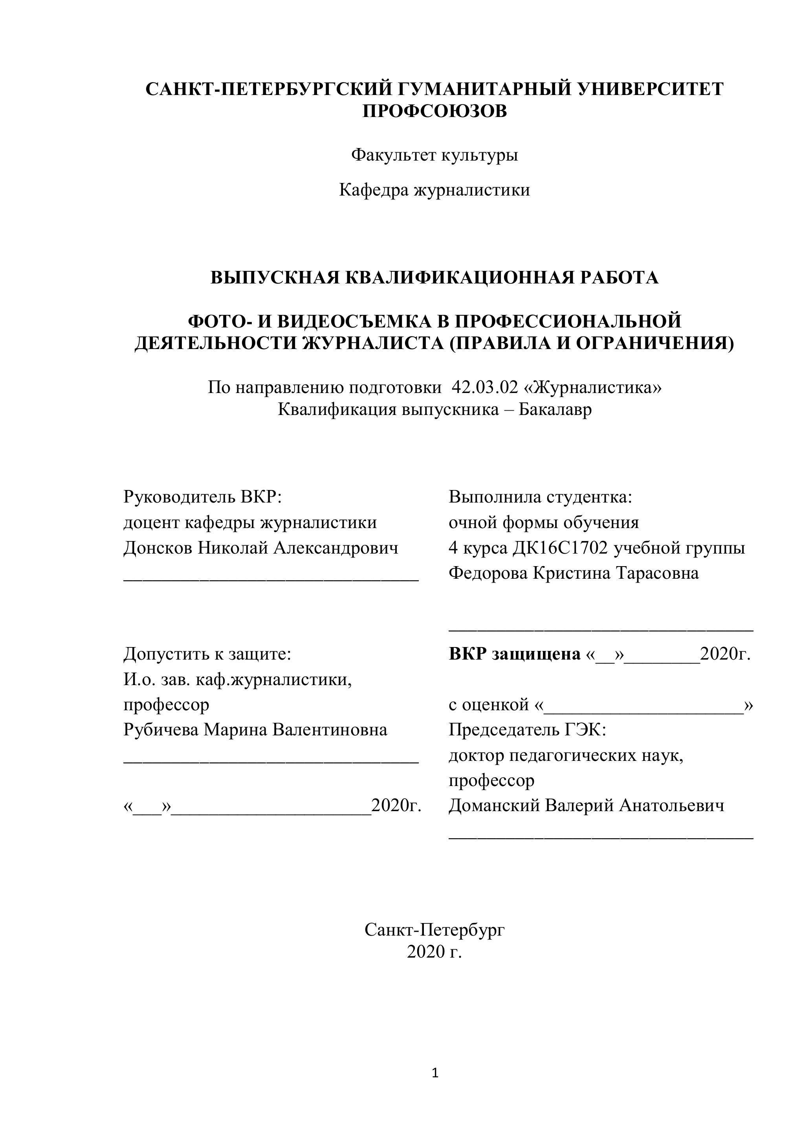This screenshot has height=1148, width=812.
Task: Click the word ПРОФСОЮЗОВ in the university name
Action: pos(434,111)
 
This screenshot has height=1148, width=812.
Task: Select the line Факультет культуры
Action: pos(434,155)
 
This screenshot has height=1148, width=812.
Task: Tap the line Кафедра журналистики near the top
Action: pos(434,190)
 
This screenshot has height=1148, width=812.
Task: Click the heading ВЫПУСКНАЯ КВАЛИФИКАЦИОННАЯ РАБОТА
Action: pos(434,278)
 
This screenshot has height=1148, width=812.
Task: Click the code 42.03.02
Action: pos(485,387)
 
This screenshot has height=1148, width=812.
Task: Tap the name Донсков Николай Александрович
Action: pos(261,548)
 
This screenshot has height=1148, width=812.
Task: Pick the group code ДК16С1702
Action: pos(560,548)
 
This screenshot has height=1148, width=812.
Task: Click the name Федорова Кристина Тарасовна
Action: pos(574,573)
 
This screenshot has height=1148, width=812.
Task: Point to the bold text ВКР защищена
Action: pos(514,654)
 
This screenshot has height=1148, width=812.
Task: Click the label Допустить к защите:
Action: pos(207,654)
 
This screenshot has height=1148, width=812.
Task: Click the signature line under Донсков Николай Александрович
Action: pos(271,579)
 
